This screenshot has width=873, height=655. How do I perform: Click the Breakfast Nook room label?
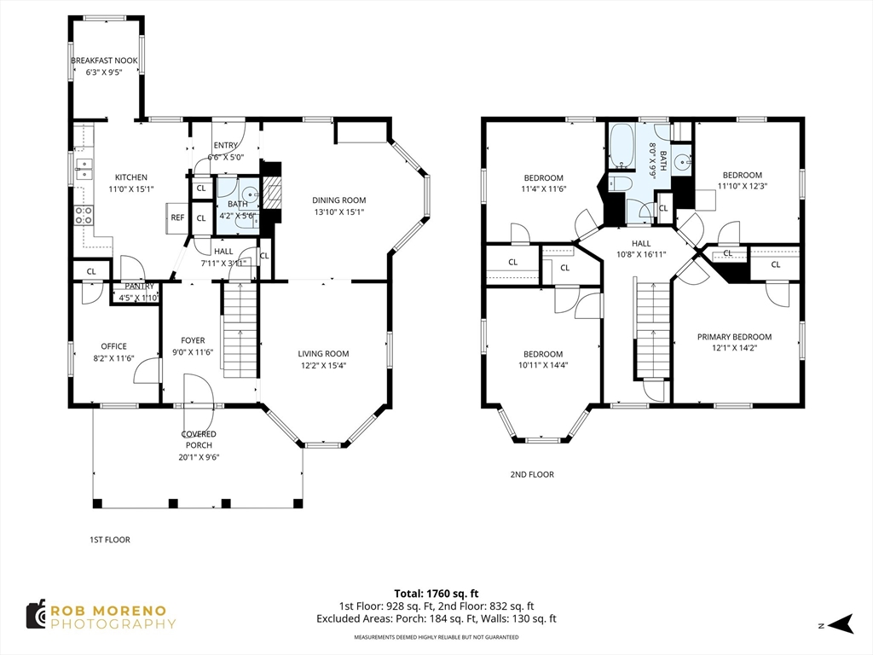104,61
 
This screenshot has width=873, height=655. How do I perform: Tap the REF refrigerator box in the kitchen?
177,218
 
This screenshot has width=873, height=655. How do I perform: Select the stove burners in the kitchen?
84,216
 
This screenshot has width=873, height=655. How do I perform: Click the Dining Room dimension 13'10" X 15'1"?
338,212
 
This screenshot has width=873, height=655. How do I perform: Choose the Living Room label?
323,354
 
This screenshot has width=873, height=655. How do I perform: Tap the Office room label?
113,346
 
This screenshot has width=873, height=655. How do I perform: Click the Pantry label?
138,287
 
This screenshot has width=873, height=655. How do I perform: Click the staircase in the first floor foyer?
240,333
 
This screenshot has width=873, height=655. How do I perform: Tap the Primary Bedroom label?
734,337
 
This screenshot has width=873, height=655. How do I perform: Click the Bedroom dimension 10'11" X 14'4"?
543,365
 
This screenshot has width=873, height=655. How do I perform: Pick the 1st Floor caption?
110,540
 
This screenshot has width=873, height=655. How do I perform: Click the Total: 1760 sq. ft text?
436,593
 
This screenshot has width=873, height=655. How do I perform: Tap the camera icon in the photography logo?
35,615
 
